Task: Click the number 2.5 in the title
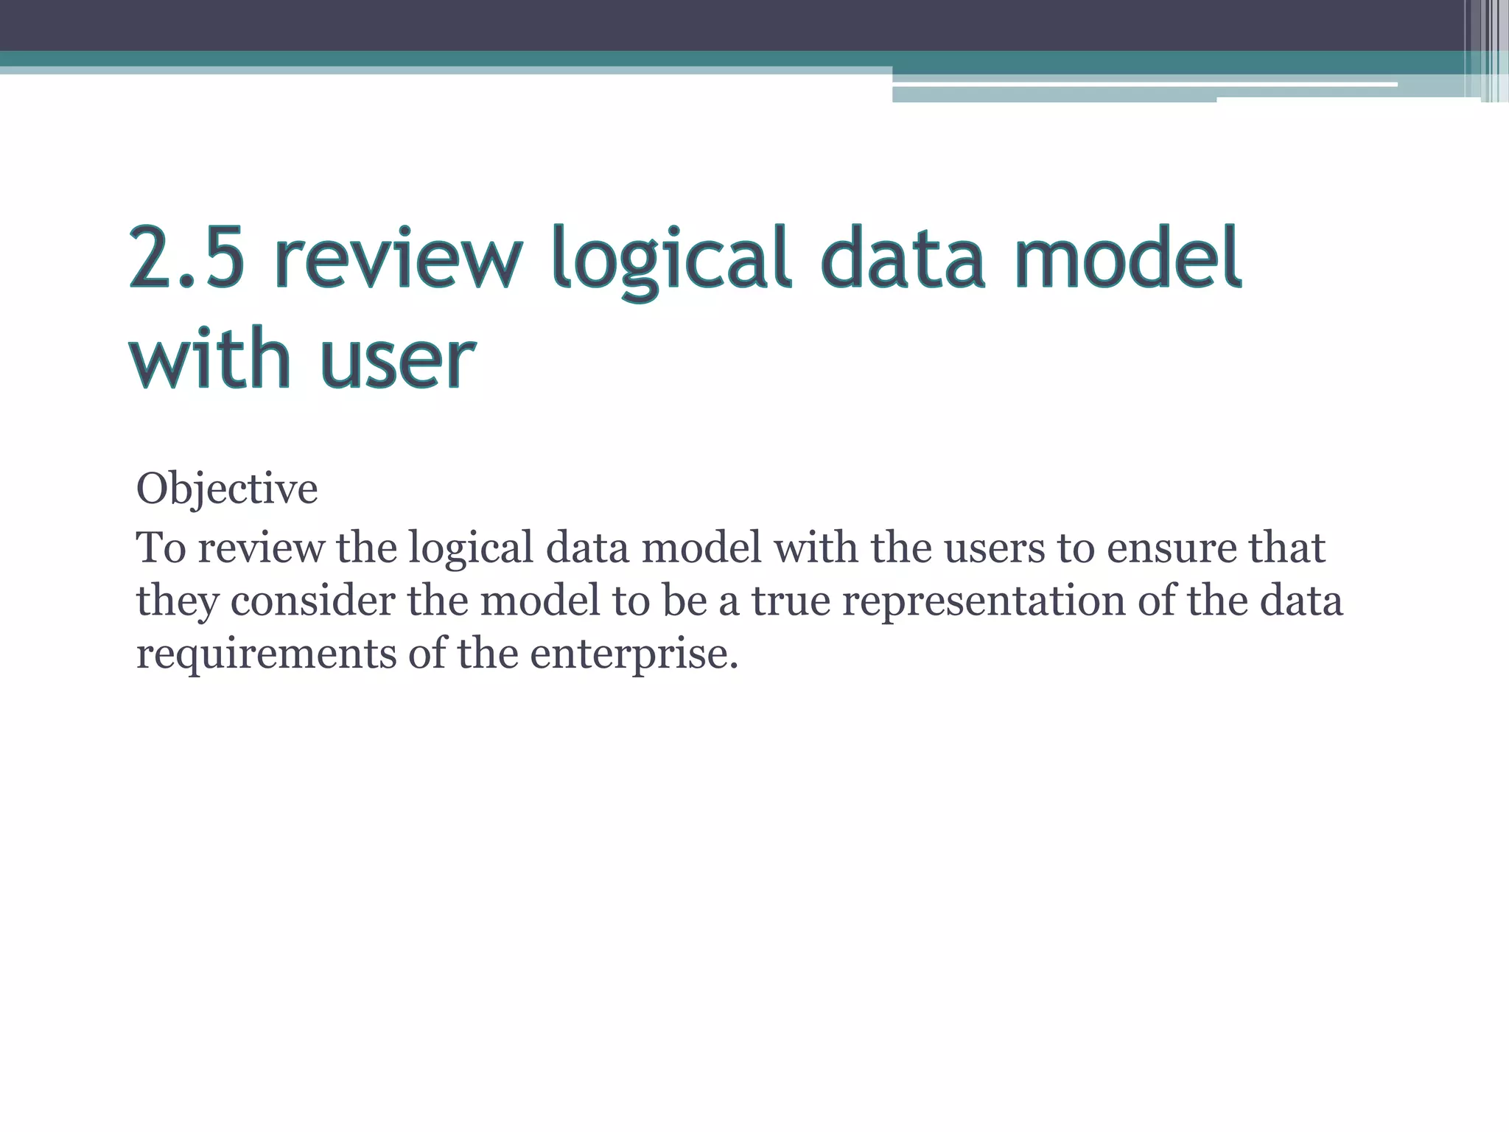(x=186, y=258)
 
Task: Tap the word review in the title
(x=399, y=258)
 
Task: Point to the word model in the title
(x=1128, y=258)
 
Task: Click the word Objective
(x=227, y=489)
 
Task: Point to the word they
(x=178, y=601)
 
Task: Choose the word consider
(x=312, y=600)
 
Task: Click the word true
(x=790, y=600)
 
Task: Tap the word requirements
(x=266, y=654)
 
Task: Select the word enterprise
(x=634, y=654)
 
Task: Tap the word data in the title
(x=903, y=258)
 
